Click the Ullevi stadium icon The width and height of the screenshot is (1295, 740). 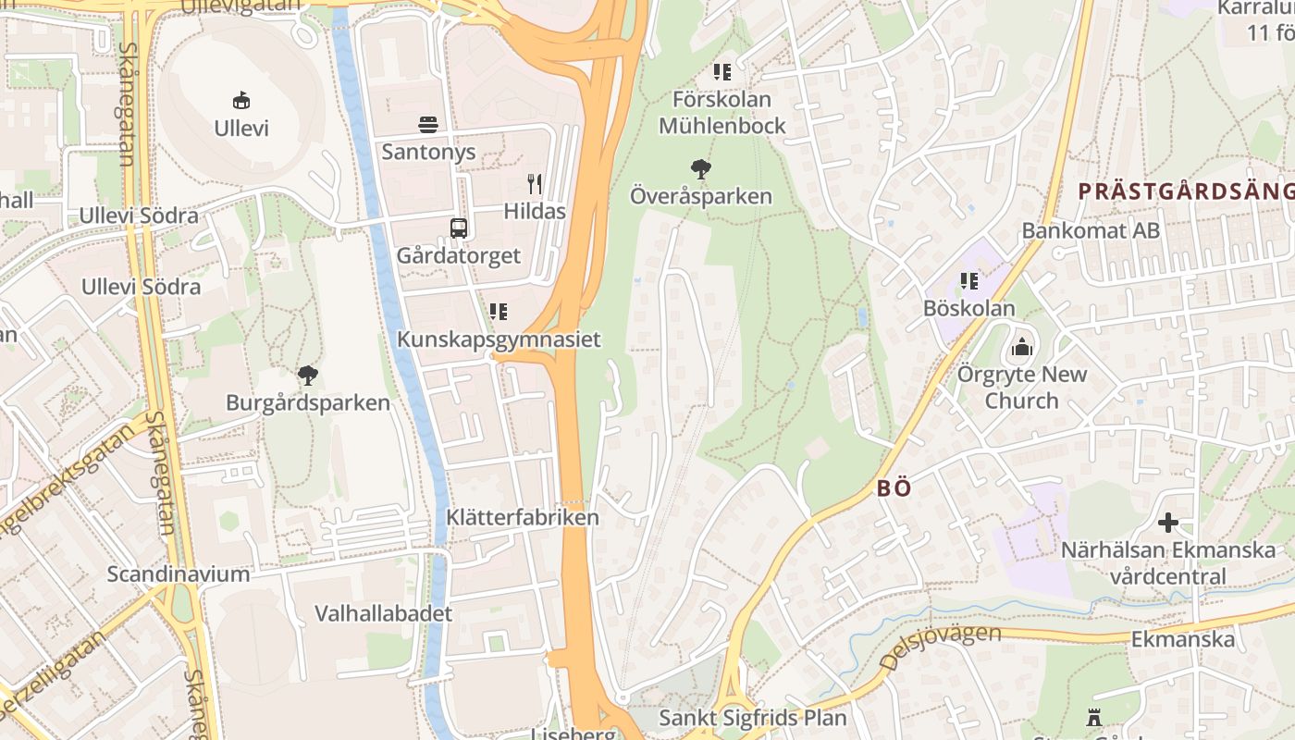coord(241,100)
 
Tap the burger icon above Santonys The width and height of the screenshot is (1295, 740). coord(428,124)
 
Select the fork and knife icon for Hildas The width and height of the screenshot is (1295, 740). coord(535,183)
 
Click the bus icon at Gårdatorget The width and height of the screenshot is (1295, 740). coord(458,228)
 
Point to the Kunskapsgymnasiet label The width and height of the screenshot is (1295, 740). coord(499,339)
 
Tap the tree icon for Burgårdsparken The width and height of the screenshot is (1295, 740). coord(308,376)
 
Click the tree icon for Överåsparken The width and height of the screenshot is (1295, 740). coord(701,168)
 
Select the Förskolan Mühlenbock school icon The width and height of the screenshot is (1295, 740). coord(722,71)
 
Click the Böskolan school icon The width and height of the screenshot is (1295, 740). coord(969,281)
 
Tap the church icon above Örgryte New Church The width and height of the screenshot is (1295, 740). coord(1022,347)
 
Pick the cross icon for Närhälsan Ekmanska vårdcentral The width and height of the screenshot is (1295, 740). coord(1168,523)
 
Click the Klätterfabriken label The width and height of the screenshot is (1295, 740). coord(523,517)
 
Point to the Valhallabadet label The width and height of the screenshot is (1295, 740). coord(383,613)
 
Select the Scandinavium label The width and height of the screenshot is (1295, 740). coord(179,573)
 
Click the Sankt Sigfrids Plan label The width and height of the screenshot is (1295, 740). coord(752,718)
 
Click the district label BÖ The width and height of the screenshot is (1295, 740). coord(894,488)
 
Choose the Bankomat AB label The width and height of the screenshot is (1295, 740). coord(1091,230)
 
